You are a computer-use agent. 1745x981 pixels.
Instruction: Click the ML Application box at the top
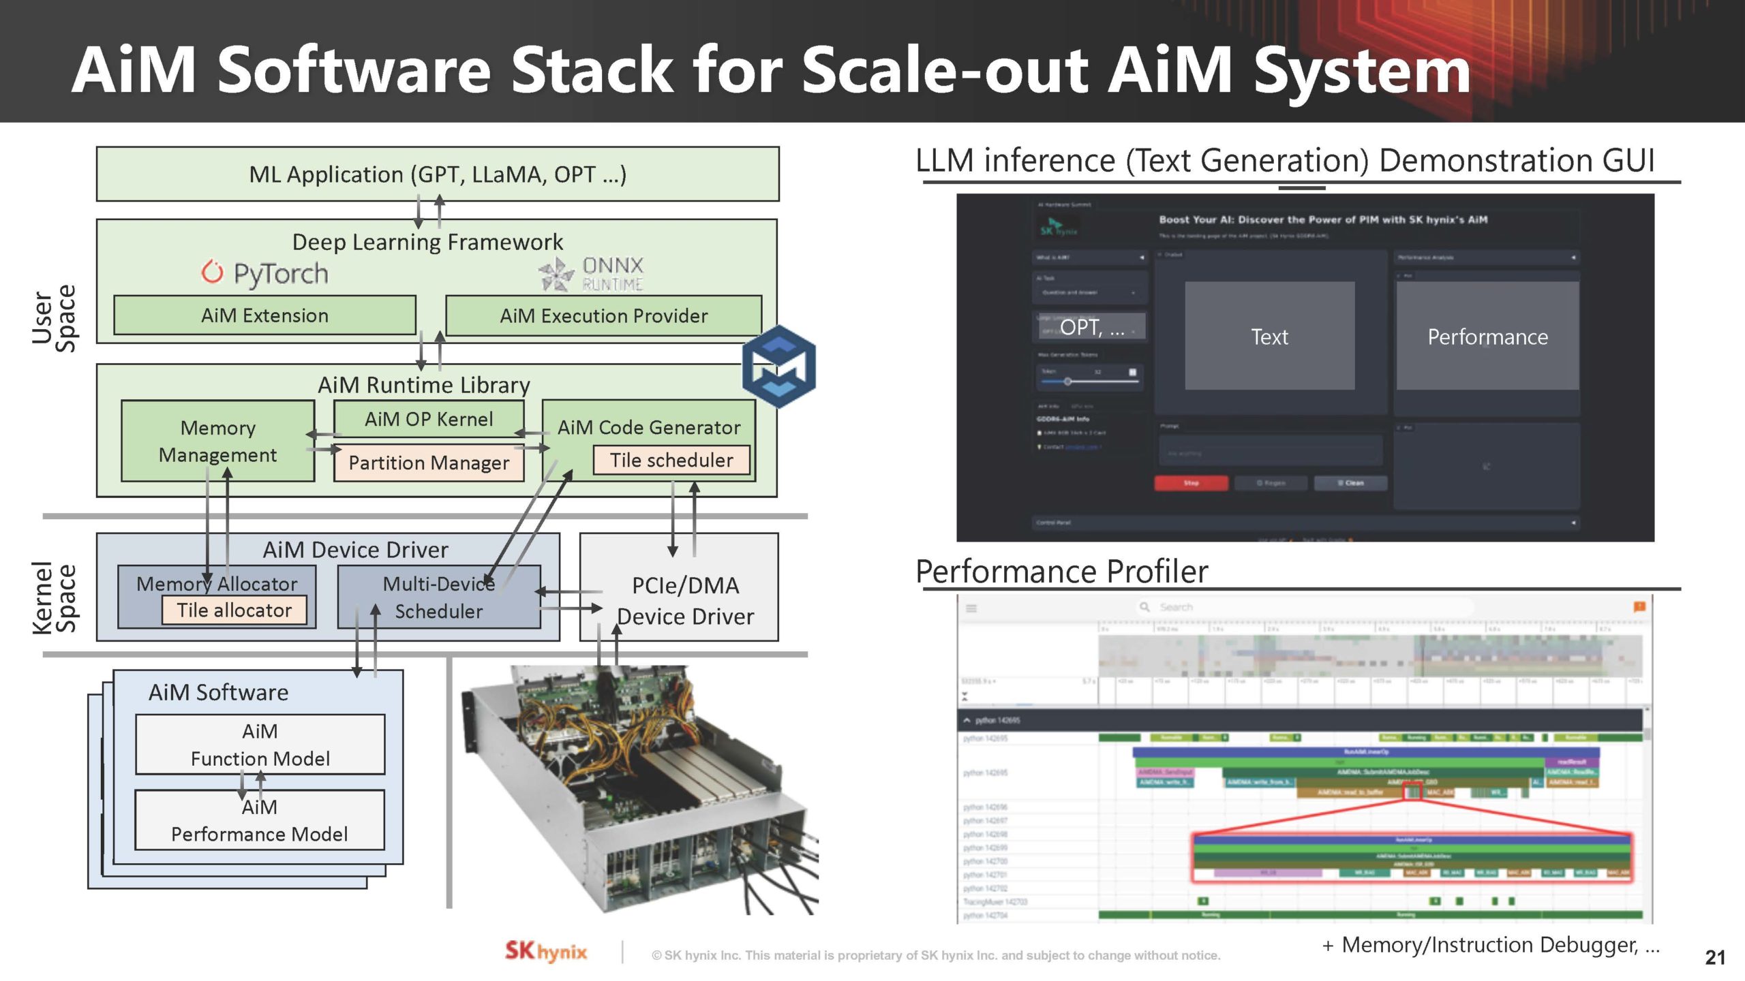tap(437, 174)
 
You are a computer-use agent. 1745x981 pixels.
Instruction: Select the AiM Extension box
tap(264, 315)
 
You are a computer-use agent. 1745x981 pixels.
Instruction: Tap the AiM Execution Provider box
tap(603, 315)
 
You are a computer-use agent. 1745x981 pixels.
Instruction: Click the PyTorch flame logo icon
tap(212, 272)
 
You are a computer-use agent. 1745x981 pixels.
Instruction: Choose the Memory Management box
tap(217, 441)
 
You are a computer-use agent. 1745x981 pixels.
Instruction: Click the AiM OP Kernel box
tap(429, 418)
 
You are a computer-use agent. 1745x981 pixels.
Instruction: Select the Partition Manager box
tap(429, 463)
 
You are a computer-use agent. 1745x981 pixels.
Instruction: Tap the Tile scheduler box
tap(671, 461)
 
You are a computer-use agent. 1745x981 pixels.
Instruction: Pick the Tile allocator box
tap(234, 610)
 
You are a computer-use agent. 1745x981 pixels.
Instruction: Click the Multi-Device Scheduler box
tap(439, 597)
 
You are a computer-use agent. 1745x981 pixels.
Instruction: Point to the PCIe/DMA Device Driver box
tap(684, 600)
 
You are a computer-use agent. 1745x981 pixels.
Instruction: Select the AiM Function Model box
tap(260, 744)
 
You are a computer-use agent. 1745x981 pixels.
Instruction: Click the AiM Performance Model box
tap(260, 820)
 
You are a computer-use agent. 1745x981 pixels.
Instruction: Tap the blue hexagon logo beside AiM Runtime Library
tap(778, 367)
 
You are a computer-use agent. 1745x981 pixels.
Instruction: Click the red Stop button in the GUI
tap(1191, 483)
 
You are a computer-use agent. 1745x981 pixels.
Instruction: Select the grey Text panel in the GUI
tap(1269, 337)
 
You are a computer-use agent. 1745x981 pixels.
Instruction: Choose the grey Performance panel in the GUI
tap(1487, 337)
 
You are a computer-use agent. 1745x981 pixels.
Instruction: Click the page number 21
tap(1714, 957)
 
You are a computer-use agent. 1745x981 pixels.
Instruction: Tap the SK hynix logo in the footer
tap(545, 952)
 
